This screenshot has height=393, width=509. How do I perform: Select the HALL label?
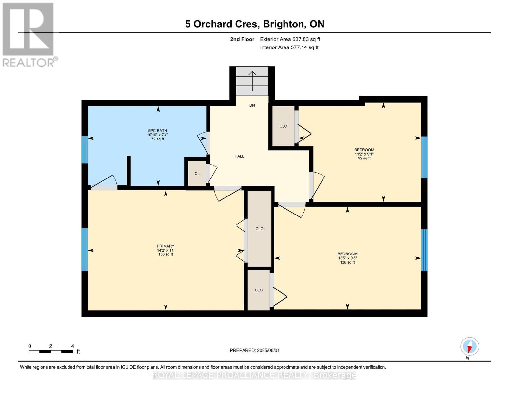[239, 156]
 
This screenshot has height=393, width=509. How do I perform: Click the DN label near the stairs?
[252, 105]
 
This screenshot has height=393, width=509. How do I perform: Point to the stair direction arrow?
[252, 81]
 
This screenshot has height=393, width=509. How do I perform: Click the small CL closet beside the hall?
[197, 174]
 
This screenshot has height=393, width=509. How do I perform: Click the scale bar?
[50, 351]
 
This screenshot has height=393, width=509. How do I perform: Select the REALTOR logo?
[28, 35]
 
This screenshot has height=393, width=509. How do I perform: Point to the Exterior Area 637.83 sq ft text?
[290, 39]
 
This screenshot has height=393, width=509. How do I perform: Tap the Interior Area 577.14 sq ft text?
[289, 47]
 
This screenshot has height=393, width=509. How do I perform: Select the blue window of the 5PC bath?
[85, 150]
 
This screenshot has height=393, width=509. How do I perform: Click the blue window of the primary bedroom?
[85, 249]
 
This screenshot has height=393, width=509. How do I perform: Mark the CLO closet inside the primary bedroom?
[259, 229]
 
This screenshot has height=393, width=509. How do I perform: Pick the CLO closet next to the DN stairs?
[283, 126]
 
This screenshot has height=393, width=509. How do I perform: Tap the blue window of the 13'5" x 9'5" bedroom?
[424, 250]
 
